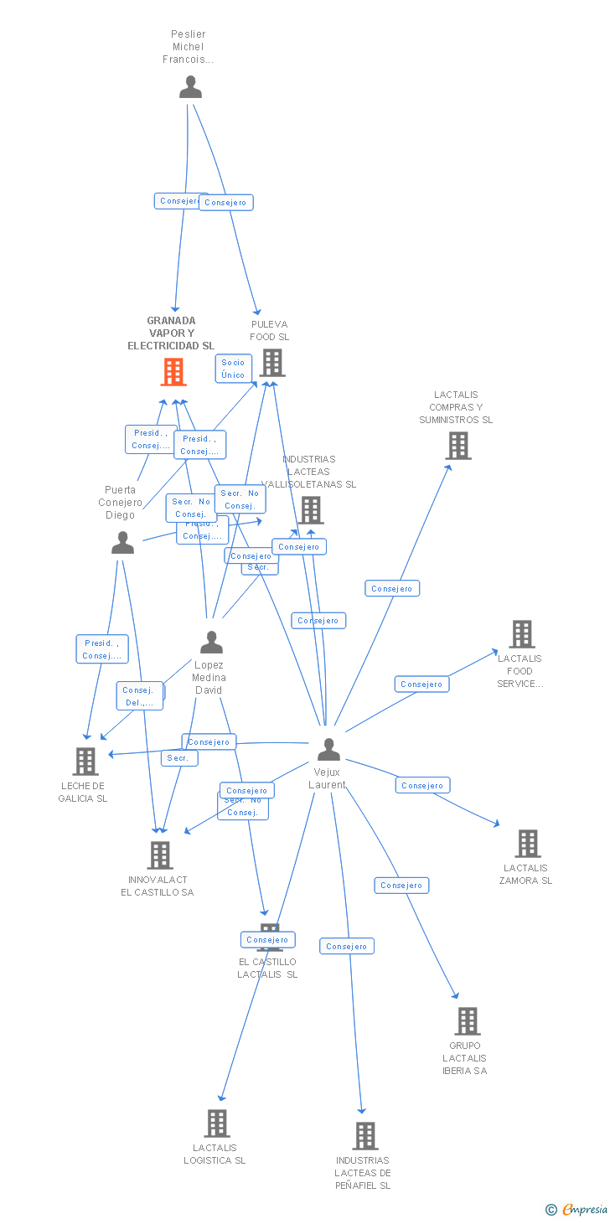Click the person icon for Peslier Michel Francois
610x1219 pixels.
(190, 87)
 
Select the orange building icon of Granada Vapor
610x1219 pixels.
(173, 372)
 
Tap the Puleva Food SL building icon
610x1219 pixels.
(271, 363)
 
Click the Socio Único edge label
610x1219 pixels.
(233, 369)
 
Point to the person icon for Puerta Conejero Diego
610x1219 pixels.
(122, 543)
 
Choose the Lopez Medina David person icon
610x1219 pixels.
(211, 643)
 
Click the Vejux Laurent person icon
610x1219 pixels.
(328, 750)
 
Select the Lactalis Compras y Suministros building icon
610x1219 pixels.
(458, 446)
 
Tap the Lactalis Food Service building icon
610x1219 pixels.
(521, 634)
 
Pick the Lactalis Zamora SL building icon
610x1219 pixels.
(527, 844)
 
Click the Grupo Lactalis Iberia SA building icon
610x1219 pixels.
(467, 1021)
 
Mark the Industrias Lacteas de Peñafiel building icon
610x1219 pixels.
(364, 1136)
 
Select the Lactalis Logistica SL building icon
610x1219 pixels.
(216, 1123)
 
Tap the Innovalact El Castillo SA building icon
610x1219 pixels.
(159, 855)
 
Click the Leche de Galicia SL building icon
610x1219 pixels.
(85, 762)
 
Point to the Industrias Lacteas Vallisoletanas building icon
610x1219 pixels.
(310, 509)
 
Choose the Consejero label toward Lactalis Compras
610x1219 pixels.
(392, 589)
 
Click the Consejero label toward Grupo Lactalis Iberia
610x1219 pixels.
(401, 886)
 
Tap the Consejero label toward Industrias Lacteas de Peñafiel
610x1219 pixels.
(346, 947)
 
